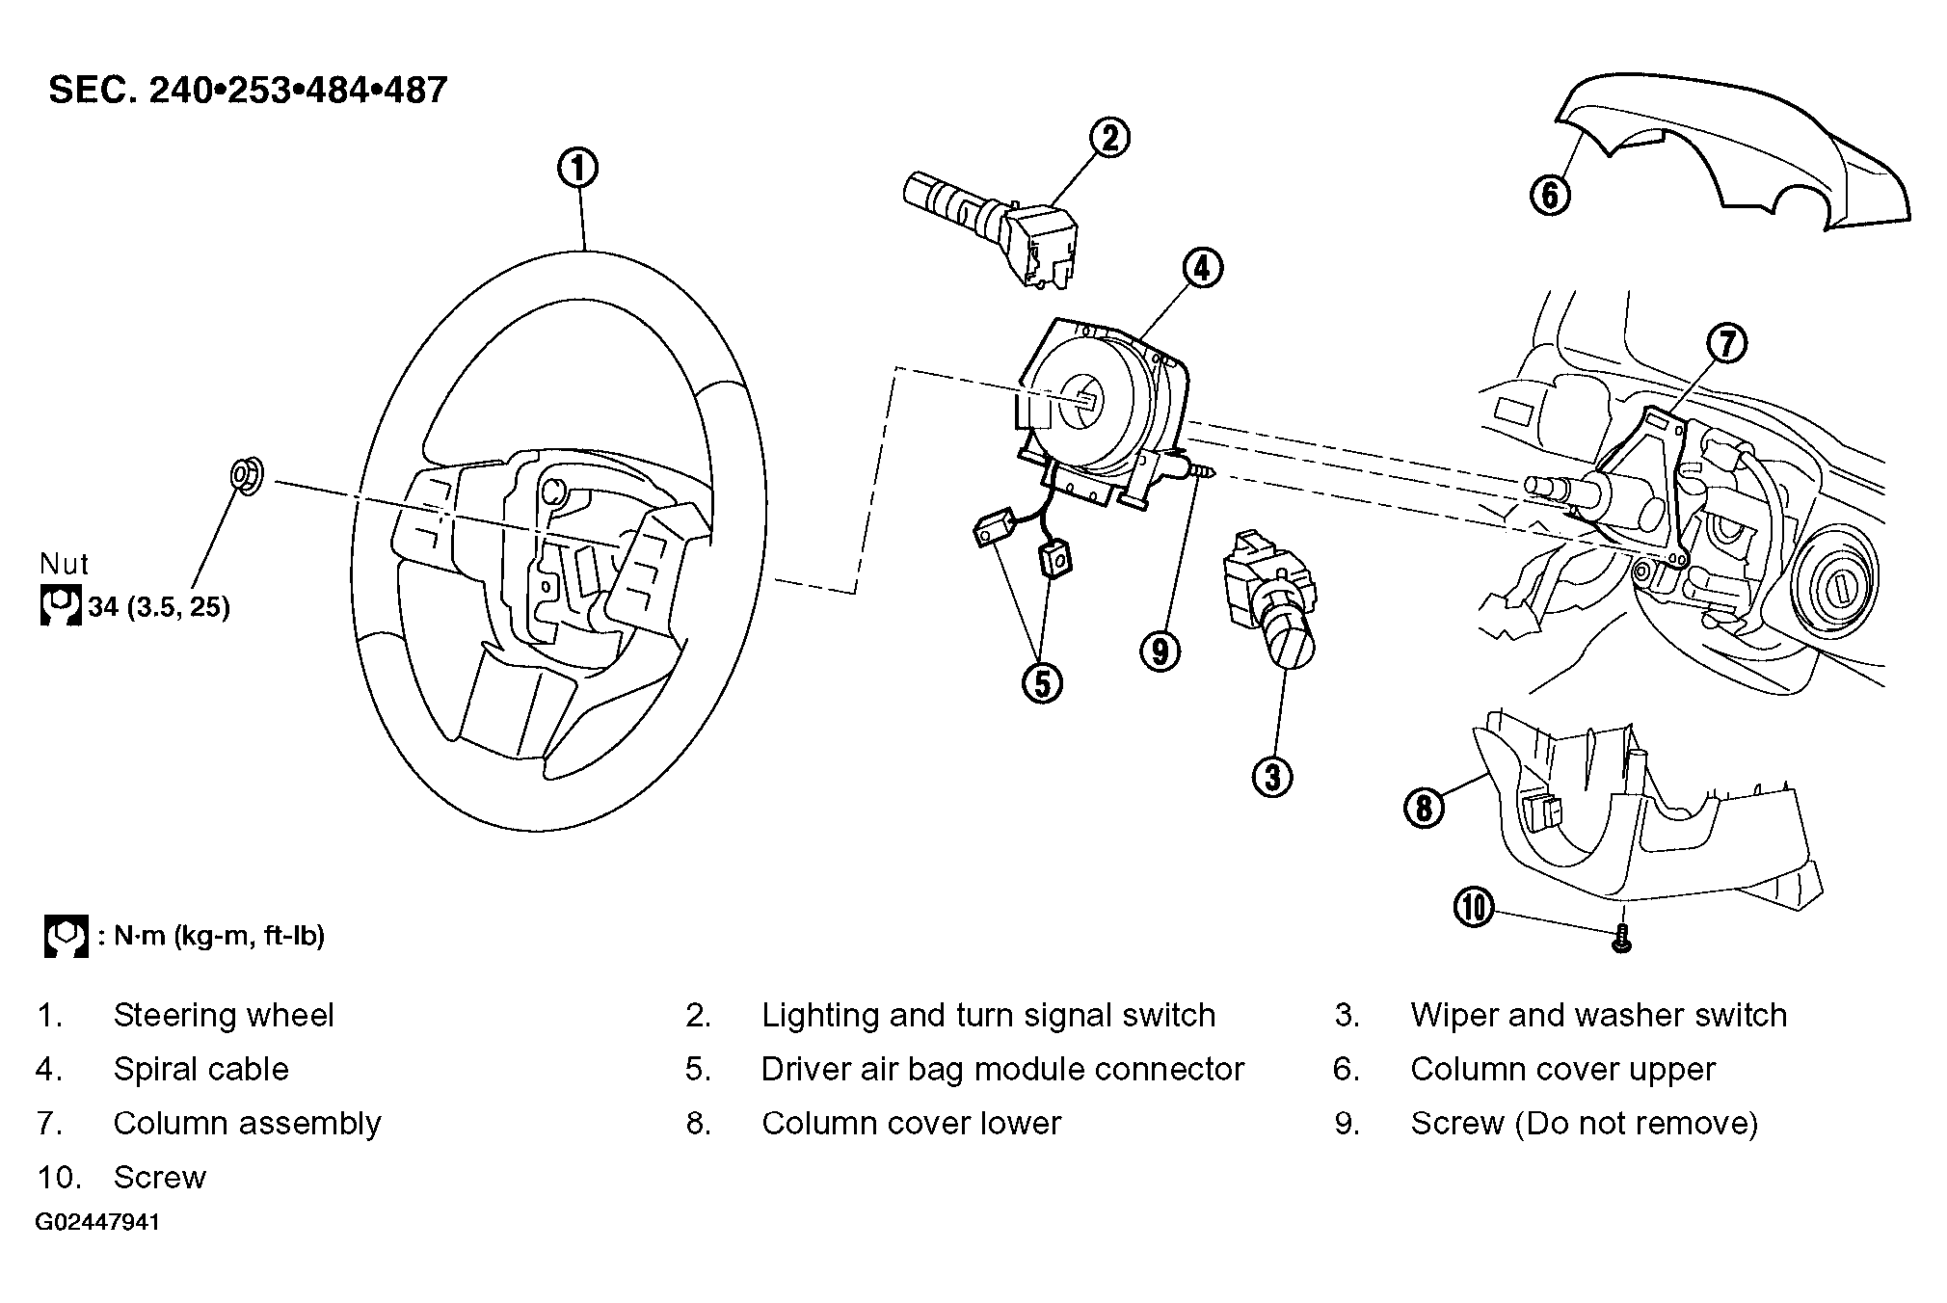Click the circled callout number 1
click(x=577, y=168)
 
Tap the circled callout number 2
click(x=1109, y=137)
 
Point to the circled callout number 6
click(x=1550, y=195)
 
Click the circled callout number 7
click(x=1726, y=343)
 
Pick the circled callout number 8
click(x=1425, y=806)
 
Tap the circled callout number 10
click(x=1474, y=907)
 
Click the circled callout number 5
click(x=1042, y=682)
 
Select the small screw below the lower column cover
click(x=1621, y=939)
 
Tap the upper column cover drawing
click(x=1731, y=154)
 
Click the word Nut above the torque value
click(x=65, y=564)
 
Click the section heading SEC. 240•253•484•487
click(x=248, y=91)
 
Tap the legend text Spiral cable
click(x=201, y=1069)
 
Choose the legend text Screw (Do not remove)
click(x=1585, y=1123)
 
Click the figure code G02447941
click(x=98, y=1222)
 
